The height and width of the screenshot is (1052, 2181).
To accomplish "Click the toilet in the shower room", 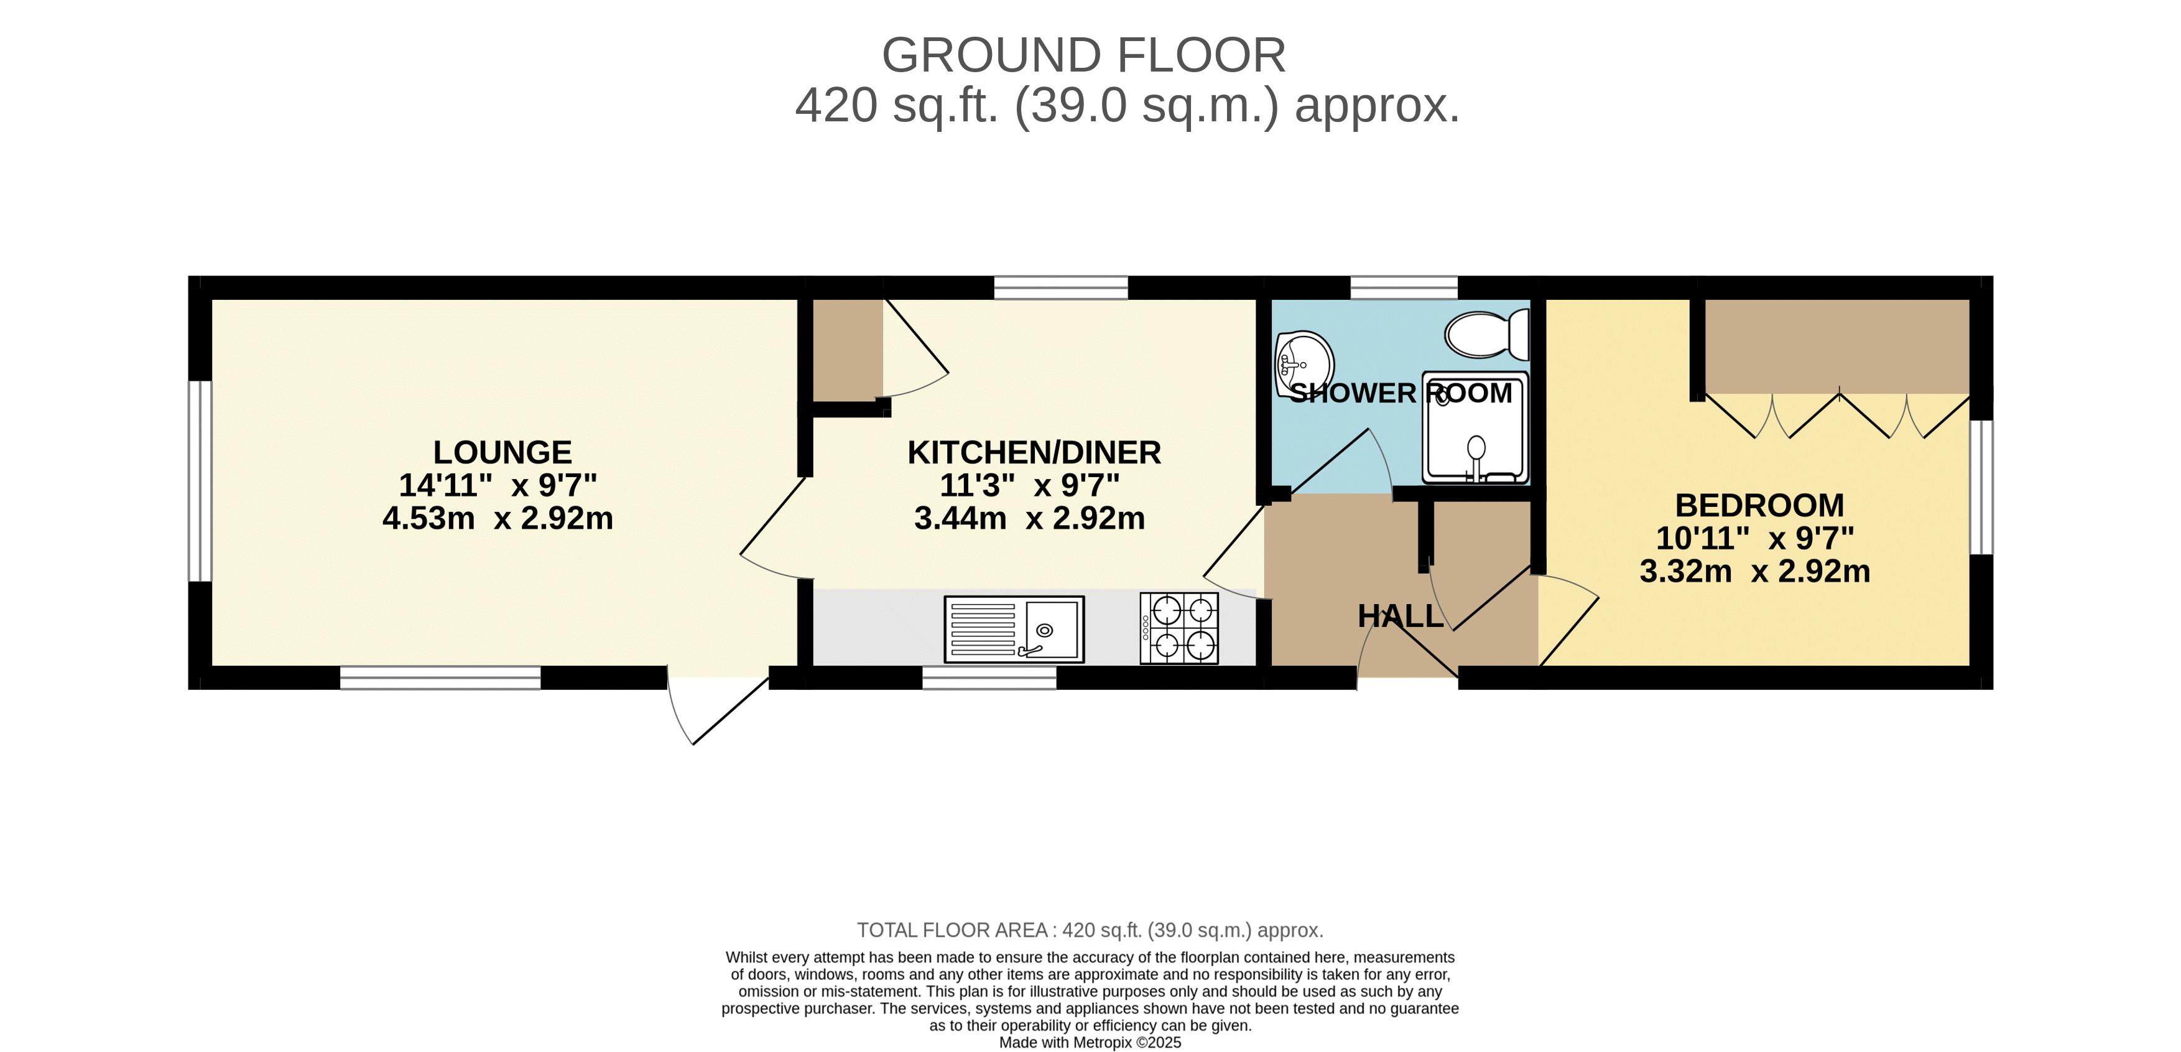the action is point(1487,335).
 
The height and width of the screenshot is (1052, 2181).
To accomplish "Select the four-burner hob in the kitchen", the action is point(1178,628).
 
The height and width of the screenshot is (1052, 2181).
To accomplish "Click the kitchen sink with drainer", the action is point(1014,630).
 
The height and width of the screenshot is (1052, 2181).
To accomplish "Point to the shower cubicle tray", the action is point(1475,428).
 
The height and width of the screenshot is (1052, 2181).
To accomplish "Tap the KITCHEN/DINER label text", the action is point(1034,453).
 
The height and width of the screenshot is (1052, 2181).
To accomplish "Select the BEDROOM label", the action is point(1759,506).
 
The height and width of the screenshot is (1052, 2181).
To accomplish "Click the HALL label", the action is point(1401,617).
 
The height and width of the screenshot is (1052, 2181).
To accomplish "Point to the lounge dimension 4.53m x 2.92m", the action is point(498,518).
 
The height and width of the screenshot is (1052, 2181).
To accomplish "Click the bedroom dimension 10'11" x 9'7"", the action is point(1755,539).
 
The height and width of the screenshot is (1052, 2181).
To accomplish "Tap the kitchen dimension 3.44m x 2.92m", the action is point(1029,518).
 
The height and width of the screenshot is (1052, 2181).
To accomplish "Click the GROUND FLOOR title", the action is point(1084,56).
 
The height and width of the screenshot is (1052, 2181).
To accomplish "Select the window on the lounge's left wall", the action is point(200,481).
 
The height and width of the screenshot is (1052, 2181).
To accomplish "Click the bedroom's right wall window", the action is point(1981,487).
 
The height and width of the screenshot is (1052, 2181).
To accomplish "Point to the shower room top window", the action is point(1404,287).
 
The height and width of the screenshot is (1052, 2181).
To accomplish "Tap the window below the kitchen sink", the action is point(989,677).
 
